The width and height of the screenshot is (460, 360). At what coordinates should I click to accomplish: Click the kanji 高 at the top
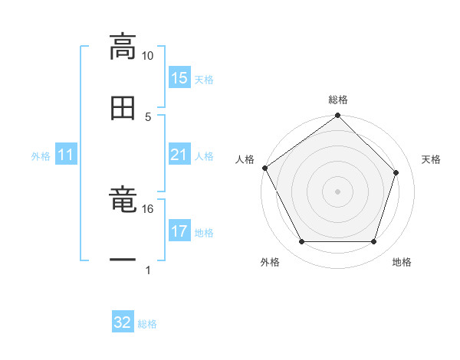point(123,47)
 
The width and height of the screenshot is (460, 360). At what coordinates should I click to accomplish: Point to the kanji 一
point(123,260)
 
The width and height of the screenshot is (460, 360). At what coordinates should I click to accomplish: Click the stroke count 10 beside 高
point(148,56)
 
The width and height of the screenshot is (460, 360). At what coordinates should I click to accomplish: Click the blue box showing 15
point(179,78)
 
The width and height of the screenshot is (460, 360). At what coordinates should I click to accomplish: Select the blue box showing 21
point(179,155)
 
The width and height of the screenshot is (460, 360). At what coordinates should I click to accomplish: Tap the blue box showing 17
point(179,231)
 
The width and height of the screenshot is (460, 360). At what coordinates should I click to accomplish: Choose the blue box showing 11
point(66,155)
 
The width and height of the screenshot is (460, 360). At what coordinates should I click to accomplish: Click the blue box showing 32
point(123,322)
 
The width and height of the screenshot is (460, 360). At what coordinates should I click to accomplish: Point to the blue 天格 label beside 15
point(204,79)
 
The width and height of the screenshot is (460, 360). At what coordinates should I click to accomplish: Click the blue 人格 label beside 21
point(204,156)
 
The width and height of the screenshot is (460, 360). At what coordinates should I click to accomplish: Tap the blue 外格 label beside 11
point(41,156)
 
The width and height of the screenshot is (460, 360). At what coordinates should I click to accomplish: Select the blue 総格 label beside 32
point(147,323)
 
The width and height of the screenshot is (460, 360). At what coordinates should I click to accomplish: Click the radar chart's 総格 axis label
point(338,100)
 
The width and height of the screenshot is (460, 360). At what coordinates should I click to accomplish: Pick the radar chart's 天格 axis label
point(432,159)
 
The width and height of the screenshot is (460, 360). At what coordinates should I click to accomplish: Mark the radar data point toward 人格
point(265,168)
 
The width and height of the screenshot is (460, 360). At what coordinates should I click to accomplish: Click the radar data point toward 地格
point(374,242)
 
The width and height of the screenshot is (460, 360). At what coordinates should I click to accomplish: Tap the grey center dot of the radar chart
point(338,191)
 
